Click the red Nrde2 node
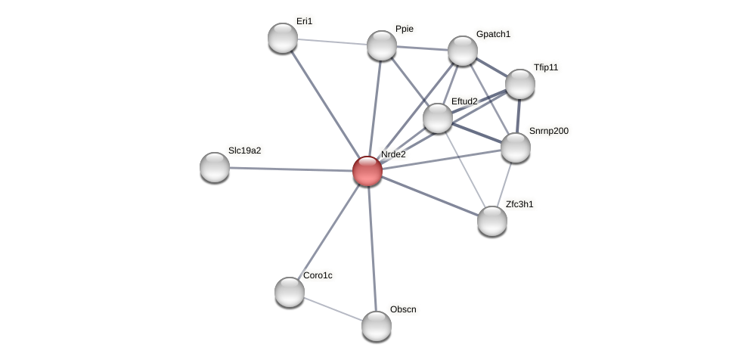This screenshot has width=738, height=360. pyautogui.click(x=367, y=171)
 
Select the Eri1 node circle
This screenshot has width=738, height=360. pyautogui.click(x=283, y=38)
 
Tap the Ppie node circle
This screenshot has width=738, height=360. pyautogui.click(x=382, y=45)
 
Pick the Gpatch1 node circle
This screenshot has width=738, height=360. pyautogui.click(x=463, y=51)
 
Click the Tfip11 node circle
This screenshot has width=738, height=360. pyautogui.click(x=520, y=84)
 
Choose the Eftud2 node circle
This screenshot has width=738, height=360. pyautogui.click(x=438, y=118)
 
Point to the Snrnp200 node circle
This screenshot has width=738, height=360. pyautogui.click(x=516, y=147)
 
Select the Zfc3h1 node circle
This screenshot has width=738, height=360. pyautogui.click(x=492, y=221)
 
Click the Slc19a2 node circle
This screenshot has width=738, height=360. pyautogui.click(x=215, y=167)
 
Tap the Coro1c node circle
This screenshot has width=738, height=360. pyautogui.click(x=290, y=292)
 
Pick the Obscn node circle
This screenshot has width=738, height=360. pyautogui.click(x=377, y=326)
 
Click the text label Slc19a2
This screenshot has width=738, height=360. pyautogui.click(x=244, y=151)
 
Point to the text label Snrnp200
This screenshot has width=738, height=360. pyautogui.click(x=548, y=131)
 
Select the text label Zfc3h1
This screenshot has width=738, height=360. pyautogui.click(x=519, y=204)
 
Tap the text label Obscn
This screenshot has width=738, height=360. pyautogui.click(x=403, y=309)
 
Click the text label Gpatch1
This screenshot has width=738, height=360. pyautogui.click(x=493, y=34)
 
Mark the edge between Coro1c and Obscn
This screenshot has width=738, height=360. pyautogui.click(x=333, y=309)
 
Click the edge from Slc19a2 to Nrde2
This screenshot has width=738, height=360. pyautogui.click(x=291, y=169)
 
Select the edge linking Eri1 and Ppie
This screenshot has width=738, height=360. pyautogui.click(x=333, y=42)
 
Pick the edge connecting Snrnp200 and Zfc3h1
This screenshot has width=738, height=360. pyautogui.click(x=504, y=184)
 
